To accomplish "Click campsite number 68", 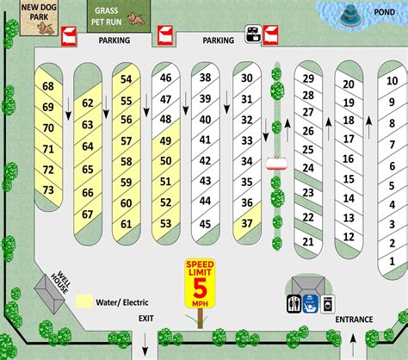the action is [x=48, y=86].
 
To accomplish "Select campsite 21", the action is [x=307, y=243].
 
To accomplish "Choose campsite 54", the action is [x=127, y=79].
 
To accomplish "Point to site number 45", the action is [x=206, y=224].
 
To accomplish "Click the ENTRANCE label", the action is [x=354, y=320].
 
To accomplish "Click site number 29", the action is [x=307, y=79].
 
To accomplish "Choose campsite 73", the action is [x=48, y=189].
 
